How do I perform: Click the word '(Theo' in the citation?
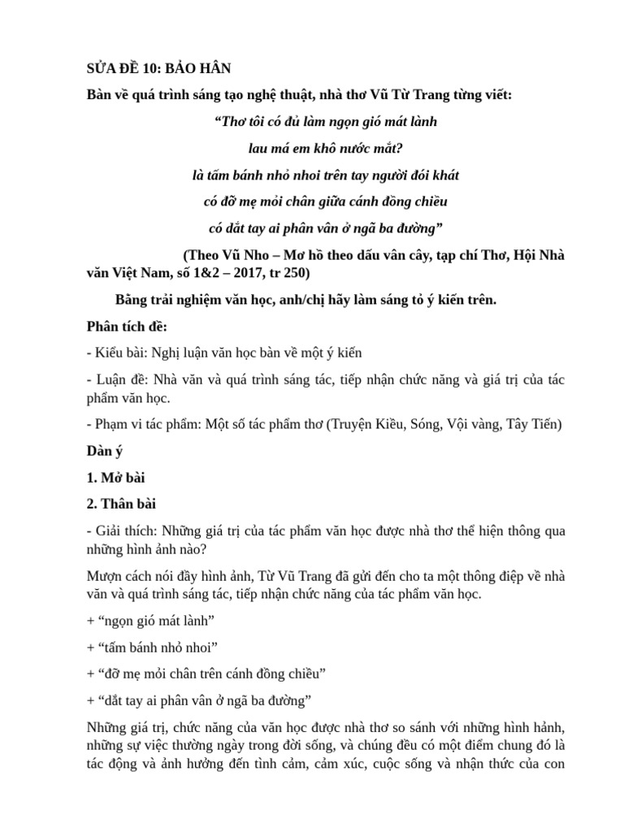(x=203, y=254)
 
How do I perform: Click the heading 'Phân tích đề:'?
(x=126, y=327)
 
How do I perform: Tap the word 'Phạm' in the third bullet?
(x=112, y=423)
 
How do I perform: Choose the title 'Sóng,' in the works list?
(x=420, y=423)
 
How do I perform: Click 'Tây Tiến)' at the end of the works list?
(x=532, y=423)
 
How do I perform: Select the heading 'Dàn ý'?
(x=106, y=450)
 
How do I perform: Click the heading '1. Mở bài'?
(x=115, y=477)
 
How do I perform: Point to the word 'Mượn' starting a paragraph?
(x=105, y=576)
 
